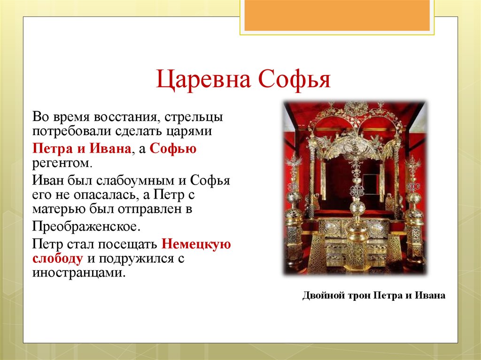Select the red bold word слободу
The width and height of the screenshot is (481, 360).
tap(58, 258)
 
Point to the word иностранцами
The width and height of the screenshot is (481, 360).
tap(79, 273)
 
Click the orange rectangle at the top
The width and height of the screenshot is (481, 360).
tap(337, 15)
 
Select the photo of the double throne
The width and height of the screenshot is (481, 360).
tap(354, 188)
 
